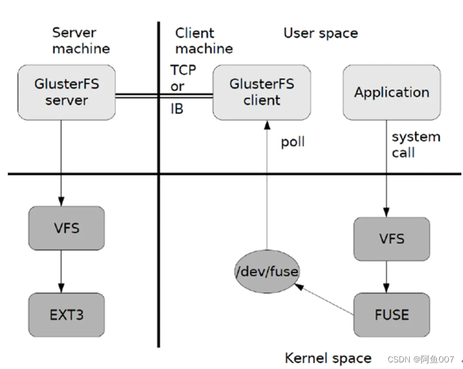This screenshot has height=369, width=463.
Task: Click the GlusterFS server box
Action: point(66,93)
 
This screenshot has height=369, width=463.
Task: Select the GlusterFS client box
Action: point(262,93)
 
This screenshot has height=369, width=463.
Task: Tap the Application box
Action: point(391,93)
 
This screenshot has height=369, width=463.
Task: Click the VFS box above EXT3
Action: point(66,228)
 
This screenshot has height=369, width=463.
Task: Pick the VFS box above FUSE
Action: point(391,239)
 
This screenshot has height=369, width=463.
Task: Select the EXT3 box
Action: point(66,315)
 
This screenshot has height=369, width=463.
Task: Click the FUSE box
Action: point(391,315)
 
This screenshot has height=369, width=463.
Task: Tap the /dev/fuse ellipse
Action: point(266,272)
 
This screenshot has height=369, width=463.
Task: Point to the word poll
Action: point(293,143)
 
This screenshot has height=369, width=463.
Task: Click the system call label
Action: point(415,144)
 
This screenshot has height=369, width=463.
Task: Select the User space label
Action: point(321,33)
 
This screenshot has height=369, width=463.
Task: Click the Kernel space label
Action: point(328,358)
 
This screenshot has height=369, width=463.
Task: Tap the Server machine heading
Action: point(81,41)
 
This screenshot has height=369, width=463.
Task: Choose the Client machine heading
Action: point(204,41)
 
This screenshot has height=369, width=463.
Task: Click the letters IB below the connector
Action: point(177,110)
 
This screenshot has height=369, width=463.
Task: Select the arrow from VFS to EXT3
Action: point(60,271)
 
